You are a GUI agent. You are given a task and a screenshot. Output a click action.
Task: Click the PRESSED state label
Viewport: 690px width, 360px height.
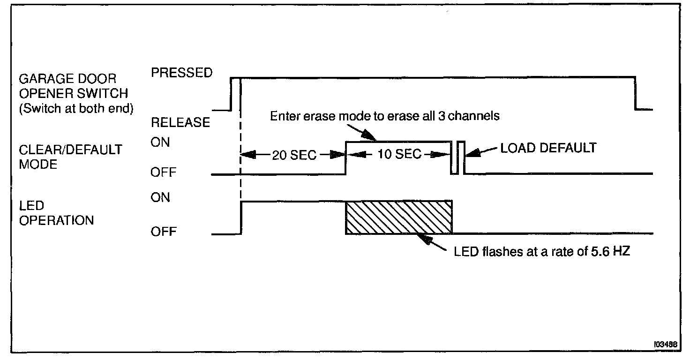click(x=181, y=73)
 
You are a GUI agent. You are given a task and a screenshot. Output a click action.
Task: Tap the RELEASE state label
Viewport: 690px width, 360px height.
click(x=180, y=122)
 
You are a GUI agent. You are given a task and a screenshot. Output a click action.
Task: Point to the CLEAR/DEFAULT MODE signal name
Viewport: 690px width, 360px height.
click(x=70, y=157)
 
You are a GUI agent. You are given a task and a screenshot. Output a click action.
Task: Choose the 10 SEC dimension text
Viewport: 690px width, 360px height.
click(x=399, y=154)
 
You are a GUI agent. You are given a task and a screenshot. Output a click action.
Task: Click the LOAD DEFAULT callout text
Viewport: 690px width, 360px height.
click(x=548, y=149)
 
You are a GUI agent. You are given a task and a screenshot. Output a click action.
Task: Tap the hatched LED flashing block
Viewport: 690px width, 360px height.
click(x=399, y=217)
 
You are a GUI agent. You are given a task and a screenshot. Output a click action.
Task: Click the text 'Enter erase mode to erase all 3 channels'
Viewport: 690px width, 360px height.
click(x=384, y=116)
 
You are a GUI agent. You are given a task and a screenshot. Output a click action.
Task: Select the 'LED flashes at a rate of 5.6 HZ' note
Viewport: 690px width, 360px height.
click(x=542, y=251)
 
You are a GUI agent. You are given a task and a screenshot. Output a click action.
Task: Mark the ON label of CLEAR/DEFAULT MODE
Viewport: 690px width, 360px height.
click(x=160, y=142)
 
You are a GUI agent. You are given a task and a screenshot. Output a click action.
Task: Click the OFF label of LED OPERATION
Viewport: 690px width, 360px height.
click(x=163, y=232)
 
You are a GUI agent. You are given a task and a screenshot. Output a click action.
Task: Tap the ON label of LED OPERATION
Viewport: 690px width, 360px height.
click(x=160, y=197)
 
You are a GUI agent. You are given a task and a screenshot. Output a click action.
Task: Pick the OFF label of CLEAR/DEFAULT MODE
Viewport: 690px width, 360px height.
click(x=163, y=172)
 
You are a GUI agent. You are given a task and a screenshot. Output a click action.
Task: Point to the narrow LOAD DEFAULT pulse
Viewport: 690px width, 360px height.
click(x=461, y=157)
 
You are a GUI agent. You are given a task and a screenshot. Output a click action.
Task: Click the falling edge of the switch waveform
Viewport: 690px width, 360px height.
click(x=635, y=93)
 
